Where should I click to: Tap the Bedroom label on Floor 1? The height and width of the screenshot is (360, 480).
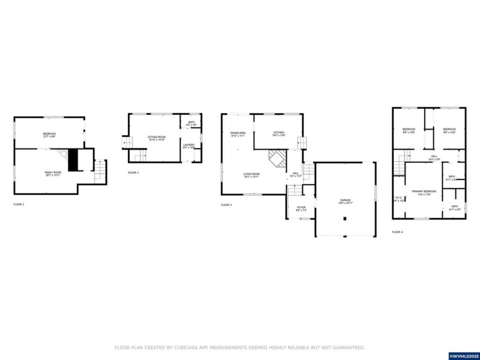49,134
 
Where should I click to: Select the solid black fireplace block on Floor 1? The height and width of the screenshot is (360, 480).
73,159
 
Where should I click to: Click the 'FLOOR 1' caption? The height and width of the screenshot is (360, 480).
19,204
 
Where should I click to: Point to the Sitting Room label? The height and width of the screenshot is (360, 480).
156,138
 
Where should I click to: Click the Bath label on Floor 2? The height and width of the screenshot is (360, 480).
191,123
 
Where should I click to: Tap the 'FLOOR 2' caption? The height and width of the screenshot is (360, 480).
133,173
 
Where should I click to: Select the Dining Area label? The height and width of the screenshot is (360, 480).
238,134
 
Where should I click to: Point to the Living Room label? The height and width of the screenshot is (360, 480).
251,175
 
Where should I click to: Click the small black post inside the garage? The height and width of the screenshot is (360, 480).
345,218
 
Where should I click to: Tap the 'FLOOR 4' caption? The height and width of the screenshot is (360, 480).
397,232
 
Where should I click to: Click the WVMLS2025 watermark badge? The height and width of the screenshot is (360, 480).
463,356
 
